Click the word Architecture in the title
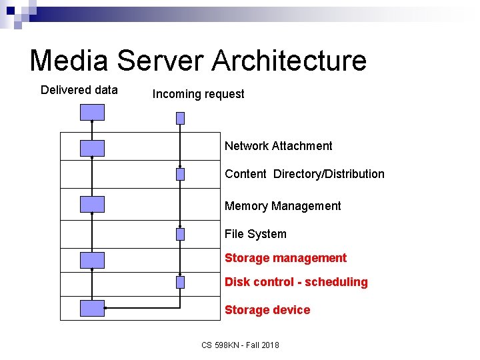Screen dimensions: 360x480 (289, 61)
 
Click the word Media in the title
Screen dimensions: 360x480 (70, 61)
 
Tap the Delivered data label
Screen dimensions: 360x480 (79, 90)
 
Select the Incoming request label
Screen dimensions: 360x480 (198, 94)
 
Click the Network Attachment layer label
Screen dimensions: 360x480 (278, 146)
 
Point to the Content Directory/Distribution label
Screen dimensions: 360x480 (304, 174)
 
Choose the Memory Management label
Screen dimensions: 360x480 (283, 206)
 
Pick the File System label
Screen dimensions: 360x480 (255, 234)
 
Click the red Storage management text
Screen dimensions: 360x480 (285, 258)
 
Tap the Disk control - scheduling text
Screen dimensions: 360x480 (296, 282)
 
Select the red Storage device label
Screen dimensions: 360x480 (267, 310)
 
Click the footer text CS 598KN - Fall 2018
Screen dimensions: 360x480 (240, 345)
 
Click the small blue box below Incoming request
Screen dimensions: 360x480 (180, 118)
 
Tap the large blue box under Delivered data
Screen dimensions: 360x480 (92, 112)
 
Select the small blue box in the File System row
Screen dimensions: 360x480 (180, 234)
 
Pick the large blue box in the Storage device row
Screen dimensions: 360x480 (92, 308)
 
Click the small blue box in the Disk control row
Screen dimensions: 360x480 (180, 282)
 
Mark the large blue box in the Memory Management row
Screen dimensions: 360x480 (92, 204)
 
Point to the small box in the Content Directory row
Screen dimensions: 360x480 (180, 174)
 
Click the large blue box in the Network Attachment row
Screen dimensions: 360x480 (92, 148)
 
